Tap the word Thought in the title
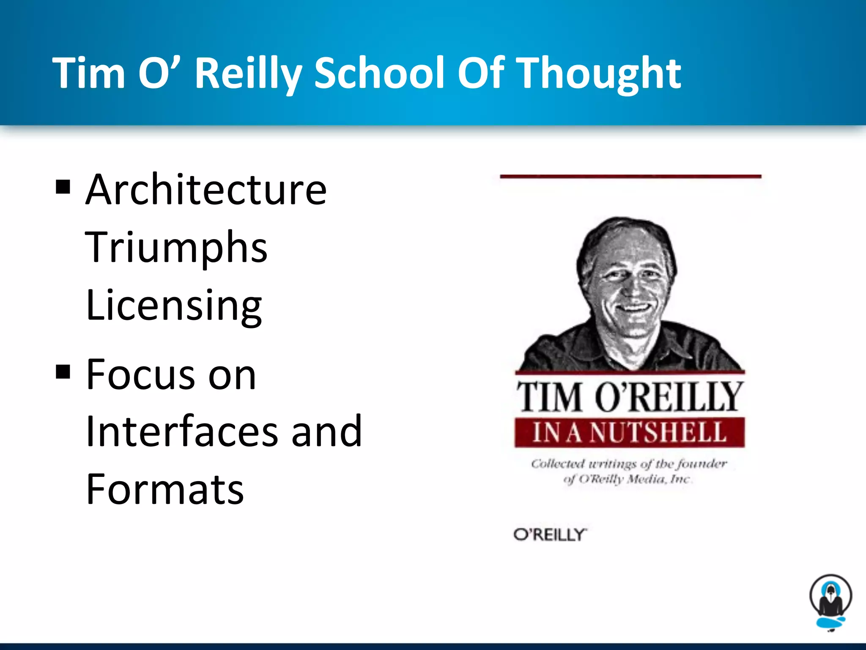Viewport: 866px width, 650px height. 600,74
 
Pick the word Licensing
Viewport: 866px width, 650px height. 174,306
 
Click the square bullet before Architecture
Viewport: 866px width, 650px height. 63,187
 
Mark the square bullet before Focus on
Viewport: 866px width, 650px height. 63,372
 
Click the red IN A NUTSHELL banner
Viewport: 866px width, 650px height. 629,432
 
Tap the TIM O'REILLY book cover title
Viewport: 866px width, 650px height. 629,396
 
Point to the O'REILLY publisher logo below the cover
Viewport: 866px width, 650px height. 550,535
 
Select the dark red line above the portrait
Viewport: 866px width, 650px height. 630,176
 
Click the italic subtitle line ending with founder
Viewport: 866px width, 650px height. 629,464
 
